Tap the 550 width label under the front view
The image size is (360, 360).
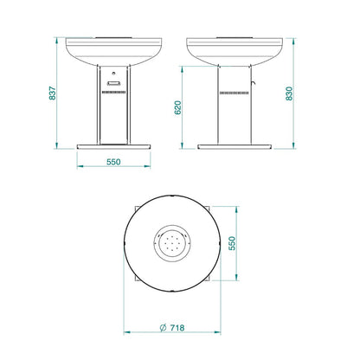114,162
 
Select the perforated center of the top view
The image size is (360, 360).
172,245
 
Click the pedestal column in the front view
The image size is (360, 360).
114,112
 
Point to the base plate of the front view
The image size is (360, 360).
114,144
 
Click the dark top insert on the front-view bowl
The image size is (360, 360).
114,37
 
